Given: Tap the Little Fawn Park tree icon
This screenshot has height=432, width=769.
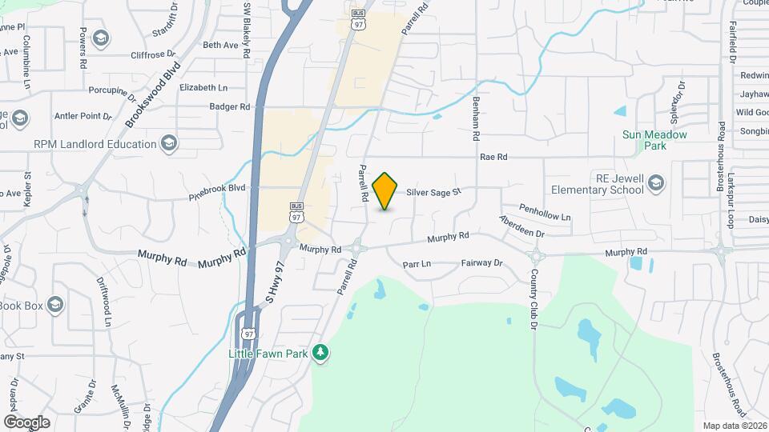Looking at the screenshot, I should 320,352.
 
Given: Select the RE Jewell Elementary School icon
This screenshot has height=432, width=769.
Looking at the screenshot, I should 656,183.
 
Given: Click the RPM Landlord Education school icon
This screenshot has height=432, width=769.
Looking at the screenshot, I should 168,144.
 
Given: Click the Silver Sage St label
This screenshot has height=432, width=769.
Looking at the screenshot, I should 434,192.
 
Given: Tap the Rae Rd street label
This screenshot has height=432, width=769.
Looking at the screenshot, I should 493,158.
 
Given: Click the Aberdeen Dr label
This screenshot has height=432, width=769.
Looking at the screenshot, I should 521,226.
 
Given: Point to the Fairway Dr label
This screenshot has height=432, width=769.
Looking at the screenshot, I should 481,262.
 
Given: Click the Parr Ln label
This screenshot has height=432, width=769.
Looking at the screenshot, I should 417,263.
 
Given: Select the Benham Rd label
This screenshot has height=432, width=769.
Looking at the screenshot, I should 475,111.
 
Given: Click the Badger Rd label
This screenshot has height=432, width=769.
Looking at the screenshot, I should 229,106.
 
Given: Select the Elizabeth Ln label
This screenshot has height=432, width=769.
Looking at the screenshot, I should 203,86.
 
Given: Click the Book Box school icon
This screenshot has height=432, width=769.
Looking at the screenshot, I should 54,305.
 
